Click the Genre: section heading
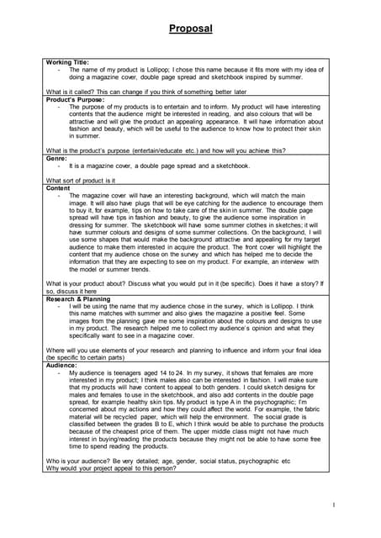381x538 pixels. tap(56, 157)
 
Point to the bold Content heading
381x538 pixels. tap(59, 188)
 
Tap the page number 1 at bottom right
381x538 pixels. tap(334, 504)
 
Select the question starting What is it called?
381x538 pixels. tap(146, 92)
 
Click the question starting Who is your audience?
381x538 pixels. tap(168, 461)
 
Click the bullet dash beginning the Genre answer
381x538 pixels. tap(59, 166)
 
